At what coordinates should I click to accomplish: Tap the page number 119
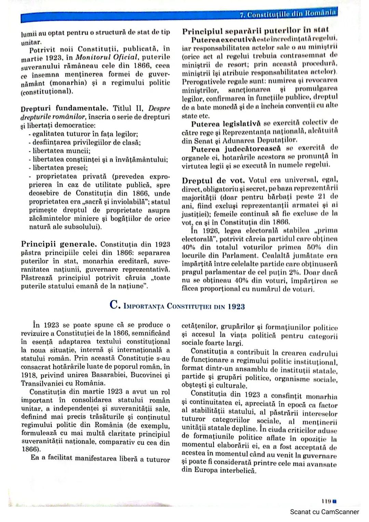[326, 501]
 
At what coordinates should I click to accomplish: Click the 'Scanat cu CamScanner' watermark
[324, 512]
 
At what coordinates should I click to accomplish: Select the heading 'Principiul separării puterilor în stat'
[255, 31]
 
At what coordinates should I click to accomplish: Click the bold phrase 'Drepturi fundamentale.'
[64, 109]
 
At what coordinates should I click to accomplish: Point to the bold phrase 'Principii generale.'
[59, 244]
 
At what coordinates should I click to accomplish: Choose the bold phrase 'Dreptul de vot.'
[213, 180]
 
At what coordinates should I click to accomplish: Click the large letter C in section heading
[114, 305]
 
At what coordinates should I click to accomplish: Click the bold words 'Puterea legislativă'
[226, 124]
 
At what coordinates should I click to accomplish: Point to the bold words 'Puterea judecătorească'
[236, 149]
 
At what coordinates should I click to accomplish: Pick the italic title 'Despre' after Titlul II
[159, 108]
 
